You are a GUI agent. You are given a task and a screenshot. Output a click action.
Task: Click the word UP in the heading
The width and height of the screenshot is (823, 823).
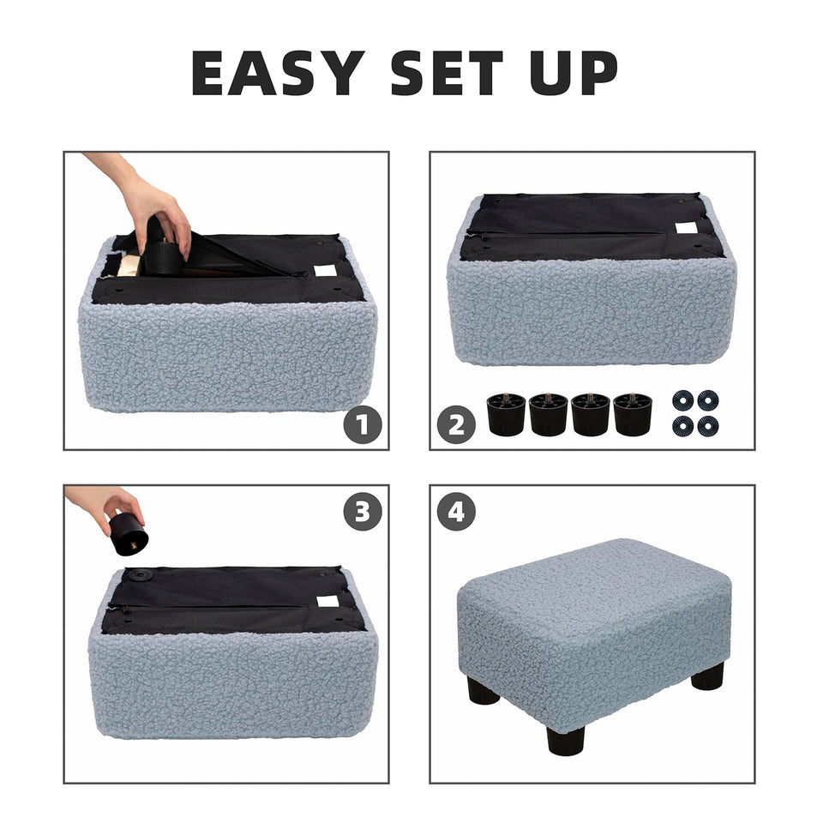tap(574, 73)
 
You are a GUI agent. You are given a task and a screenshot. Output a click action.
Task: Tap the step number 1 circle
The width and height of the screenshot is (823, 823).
tap(363, 425)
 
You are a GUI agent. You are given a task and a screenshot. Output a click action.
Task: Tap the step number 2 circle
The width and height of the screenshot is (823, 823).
tap(456, 425)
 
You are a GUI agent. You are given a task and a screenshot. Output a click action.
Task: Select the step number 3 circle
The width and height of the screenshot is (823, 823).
tap(363, 512)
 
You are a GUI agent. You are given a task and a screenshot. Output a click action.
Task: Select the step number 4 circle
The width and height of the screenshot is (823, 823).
tap(456, 512)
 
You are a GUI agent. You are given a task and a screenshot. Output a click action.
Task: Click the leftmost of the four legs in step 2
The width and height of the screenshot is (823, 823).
tap(506, 414)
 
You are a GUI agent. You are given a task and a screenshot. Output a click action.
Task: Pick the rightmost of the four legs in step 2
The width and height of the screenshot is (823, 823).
tap(633, 414)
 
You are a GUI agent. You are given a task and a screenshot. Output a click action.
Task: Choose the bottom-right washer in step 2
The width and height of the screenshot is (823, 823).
tap(707, 425)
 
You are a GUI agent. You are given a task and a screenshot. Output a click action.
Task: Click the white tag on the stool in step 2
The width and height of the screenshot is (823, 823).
tap(686, 228)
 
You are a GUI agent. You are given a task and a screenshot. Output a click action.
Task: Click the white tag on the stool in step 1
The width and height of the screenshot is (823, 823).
tap(325, 270)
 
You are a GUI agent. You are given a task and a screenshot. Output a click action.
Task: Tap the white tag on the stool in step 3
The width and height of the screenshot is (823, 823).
tap(327, 601)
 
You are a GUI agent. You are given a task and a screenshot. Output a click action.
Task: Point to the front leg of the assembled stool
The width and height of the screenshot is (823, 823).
tap(566, 739)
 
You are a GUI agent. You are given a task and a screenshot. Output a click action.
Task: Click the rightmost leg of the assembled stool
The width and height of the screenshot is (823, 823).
tap(707, 676)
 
